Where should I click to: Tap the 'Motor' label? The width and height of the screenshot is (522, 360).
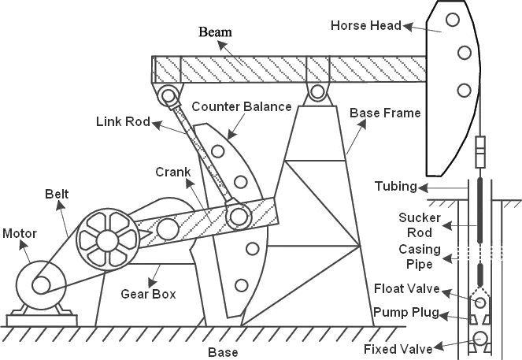pyautogui.click(x=19, y=233)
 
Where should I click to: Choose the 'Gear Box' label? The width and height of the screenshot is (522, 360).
pyautogui.click(x=147, y=294)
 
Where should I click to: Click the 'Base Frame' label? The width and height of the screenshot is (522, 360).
pyautogui.click(x=385, y=113)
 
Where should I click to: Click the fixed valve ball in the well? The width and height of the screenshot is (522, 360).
pyautogui.click(x=479, y=341)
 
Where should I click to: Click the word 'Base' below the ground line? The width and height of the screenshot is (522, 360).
pyautogui.click(x=222, y=351)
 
